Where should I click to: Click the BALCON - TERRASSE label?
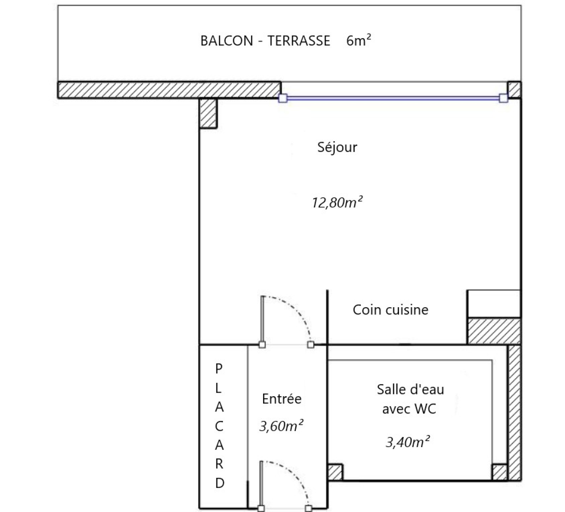[x=265, y=41]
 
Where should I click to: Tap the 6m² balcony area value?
[x=358, y=40]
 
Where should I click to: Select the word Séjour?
[x=337, y=147]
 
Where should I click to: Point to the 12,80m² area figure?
[x=337, y=203]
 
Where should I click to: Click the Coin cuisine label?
[x=391, y=310]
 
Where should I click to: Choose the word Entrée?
[x=282, y=399]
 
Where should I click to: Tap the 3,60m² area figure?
[x=281, y=426]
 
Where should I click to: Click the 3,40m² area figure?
[x=408, y=442]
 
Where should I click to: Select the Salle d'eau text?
[x=410, y=389]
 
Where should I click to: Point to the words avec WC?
[x=409, y=409]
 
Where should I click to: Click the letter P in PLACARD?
[x=219, y=369]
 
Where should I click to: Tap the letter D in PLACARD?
[x=219, y=483]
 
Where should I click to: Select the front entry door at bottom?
[x=285, y=486]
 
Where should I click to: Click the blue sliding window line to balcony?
[x=393, y=98]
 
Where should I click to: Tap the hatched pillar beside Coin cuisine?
[x=494, y=331]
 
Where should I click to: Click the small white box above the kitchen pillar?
[x=494, y=304]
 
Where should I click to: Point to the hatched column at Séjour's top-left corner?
[x=208, y=113]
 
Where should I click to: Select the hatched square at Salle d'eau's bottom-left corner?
[x=335, y=472]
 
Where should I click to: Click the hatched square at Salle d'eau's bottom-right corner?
[x=499, y=472]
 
